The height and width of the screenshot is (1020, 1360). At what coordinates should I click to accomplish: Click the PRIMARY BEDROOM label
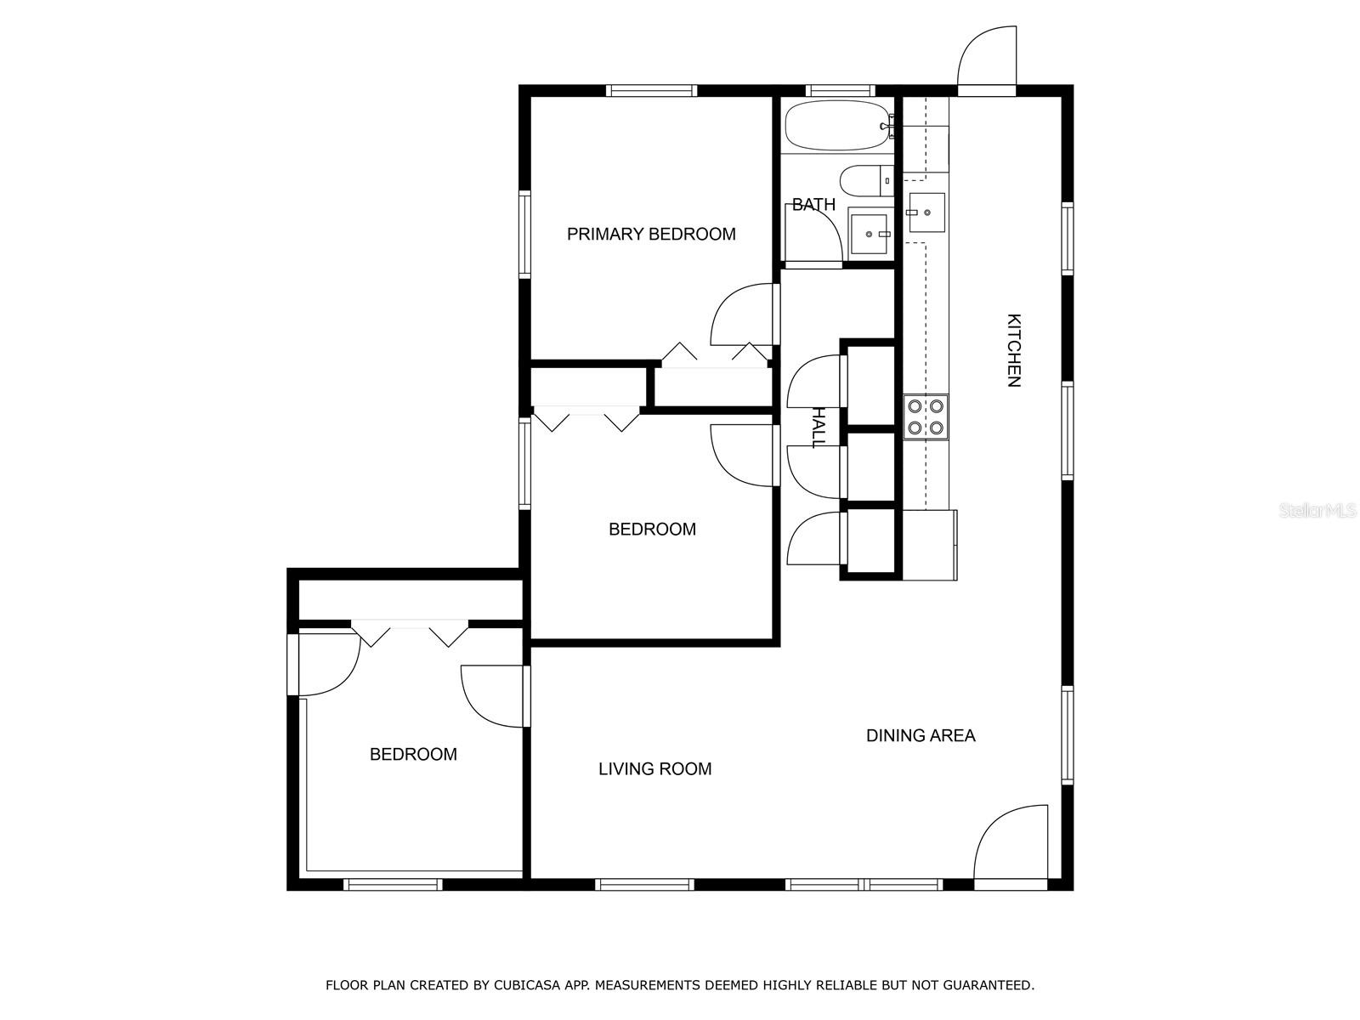click(x=651, y=234)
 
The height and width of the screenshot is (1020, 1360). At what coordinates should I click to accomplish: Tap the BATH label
click(x=813, y=204)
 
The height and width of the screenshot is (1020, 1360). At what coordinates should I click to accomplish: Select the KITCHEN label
click(x=1014, y=350)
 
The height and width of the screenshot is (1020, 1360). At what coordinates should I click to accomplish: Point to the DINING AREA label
click(x=921, y=736)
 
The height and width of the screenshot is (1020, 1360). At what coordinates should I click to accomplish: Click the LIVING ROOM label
click(x=654, y=769)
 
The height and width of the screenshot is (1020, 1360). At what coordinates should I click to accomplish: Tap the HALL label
click(x=819, y=428)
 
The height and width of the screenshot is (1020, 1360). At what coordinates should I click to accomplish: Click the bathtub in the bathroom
click(x=839, y=126)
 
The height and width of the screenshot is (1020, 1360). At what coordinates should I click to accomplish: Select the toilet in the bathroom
click(x=867, y=181)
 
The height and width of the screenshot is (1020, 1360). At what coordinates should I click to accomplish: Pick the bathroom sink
click(x=870, y=233)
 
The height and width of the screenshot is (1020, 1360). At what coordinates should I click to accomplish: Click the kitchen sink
click(x=926, y=212)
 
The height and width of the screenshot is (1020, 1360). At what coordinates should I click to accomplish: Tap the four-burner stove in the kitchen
click(x=926, y=416)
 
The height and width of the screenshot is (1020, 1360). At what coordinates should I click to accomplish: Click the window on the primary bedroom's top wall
click(x=651, y=91)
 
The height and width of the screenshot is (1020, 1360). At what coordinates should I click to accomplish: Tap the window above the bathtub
click(x=840, y=91)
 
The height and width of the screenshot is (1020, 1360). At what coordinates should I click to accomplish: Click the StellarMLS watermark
click(x=1316, y=511)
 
